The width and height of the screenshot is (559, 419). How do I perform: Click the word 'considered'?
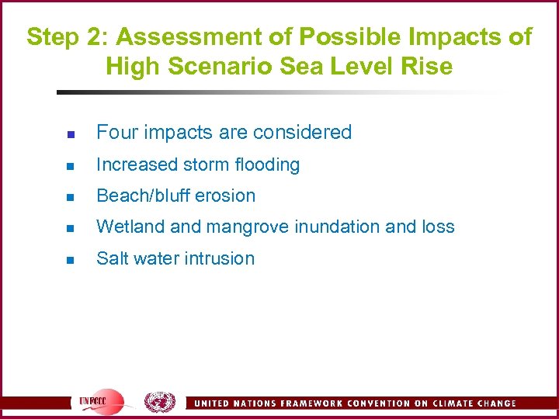pyautogui.click(x=306, y=133)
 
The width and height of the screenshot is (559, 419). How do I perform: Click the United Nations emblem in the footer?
pyautogui.click(x=159, y=401)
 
